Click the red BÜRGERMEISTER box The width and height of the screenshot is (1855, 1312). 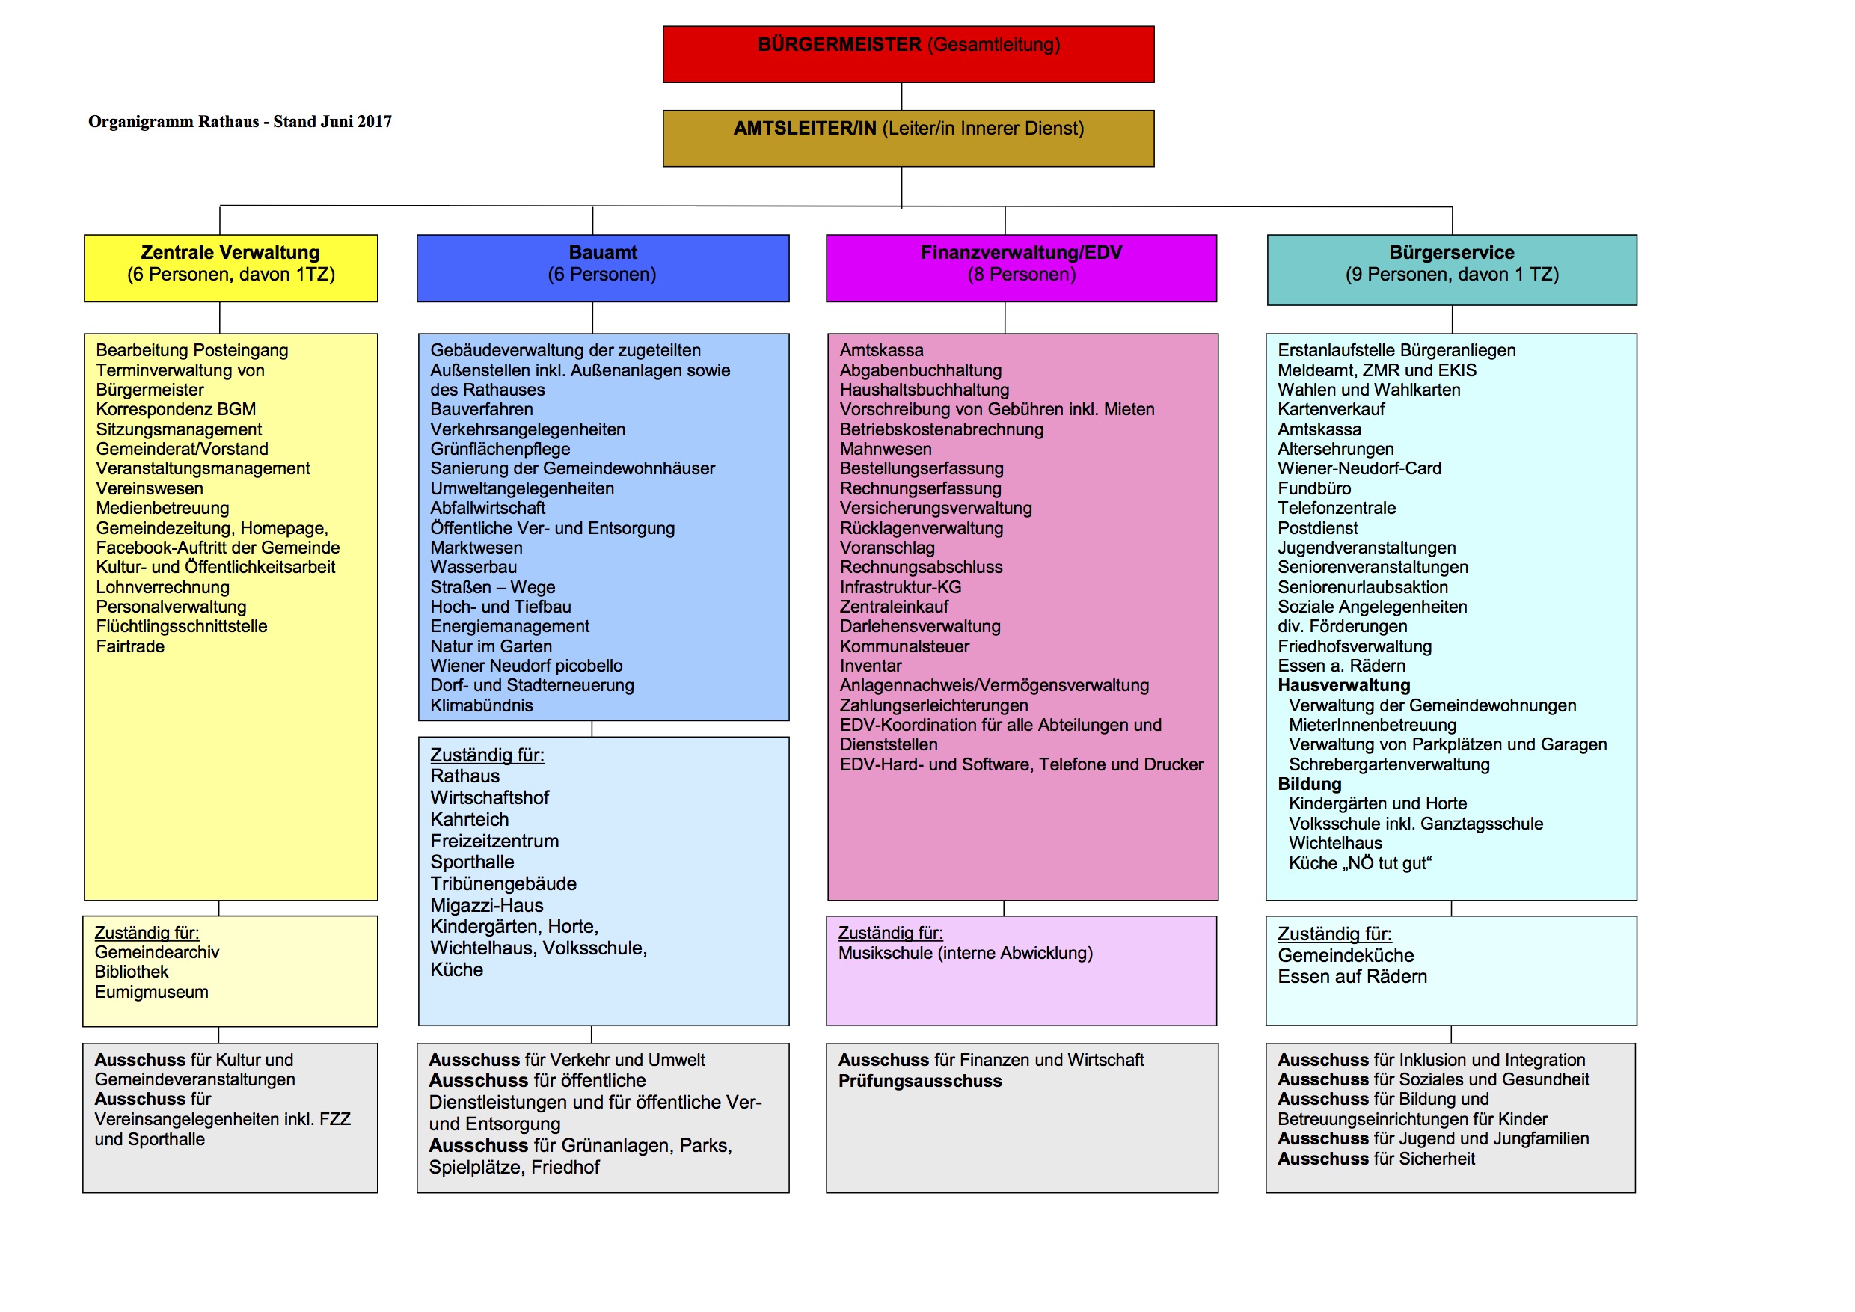[x=908, y=54]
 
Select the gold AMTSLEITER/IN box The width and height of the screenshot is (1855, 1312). [x=908, y=138]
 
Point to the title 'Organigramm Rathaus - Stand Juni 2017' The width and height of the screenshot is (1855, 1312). [x=240, y=122]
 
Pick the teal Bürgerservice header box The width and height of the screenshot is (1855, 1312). [x=1452, y=269]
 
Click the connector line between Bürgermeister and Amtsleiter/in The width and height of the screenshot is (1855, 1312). [x=901, y=96]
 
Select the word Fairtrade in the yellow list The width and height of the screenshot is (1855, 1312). [x=130, y=646]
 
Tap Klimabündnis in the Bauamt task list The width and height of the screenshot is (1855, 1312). [x=482, y=705]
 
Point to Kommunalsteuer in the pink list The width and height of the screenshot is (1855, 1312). [x=904, y=646]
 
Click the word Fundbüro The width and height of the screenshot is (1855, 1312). [x=1313, y=488]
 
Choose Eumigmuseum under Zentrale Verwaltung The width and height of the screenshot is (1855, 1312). [x=151, y=992]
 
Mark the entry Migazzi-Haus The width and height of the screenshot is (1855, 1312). [x=486, y=906]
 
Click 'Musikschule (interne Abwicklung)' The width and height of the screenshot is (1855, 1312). [x=965, y=953]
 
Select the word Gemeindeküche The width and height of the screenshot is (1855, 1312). [x=1345, y=956]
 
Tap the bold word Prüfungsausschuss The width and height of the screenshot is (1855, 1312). [x=919, y=1081]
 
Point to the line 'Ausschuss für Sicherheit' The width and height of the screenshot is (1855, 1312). [x=1376, y=1159]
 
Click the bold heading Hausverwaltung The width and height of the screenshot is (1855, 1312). [x=1343, y=685]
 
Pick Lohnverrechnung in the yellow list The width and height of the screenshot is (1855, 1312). [x=162, y=587]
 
